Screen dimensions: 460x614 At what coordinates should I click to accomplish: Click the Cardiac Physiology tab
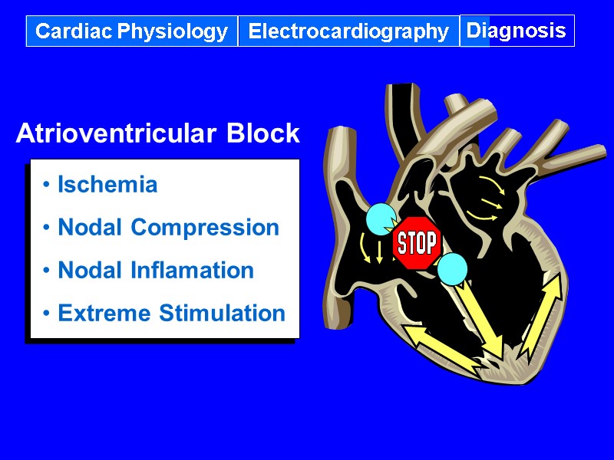coord(132,31)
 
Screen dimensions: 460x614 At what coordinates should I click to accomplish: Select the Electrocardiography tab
coord(348,31)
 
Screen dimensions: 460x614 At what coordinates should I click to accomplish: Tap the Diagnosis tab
coord(517,31)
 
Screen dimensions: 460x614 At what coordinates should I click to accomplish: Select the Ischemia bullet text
coord(107,185)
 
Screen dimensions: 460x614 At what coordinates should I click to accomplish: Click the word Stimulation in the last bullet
coord(223,314)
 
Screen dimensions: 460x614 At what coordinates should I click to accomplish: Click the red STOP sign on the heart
coord(416,243)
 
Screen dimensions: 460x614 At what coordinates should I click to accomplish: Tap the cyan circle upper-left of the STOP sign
coord(381,220)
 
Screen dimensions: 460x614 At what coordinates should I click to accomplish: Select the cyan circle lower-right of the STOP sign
coord(452,268)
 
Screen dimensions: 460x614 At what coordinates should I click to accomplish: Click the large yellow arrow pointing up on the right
coord(541,314)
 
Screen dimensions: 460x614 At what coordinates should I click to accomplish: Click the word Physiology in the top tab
coord(170,31)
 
